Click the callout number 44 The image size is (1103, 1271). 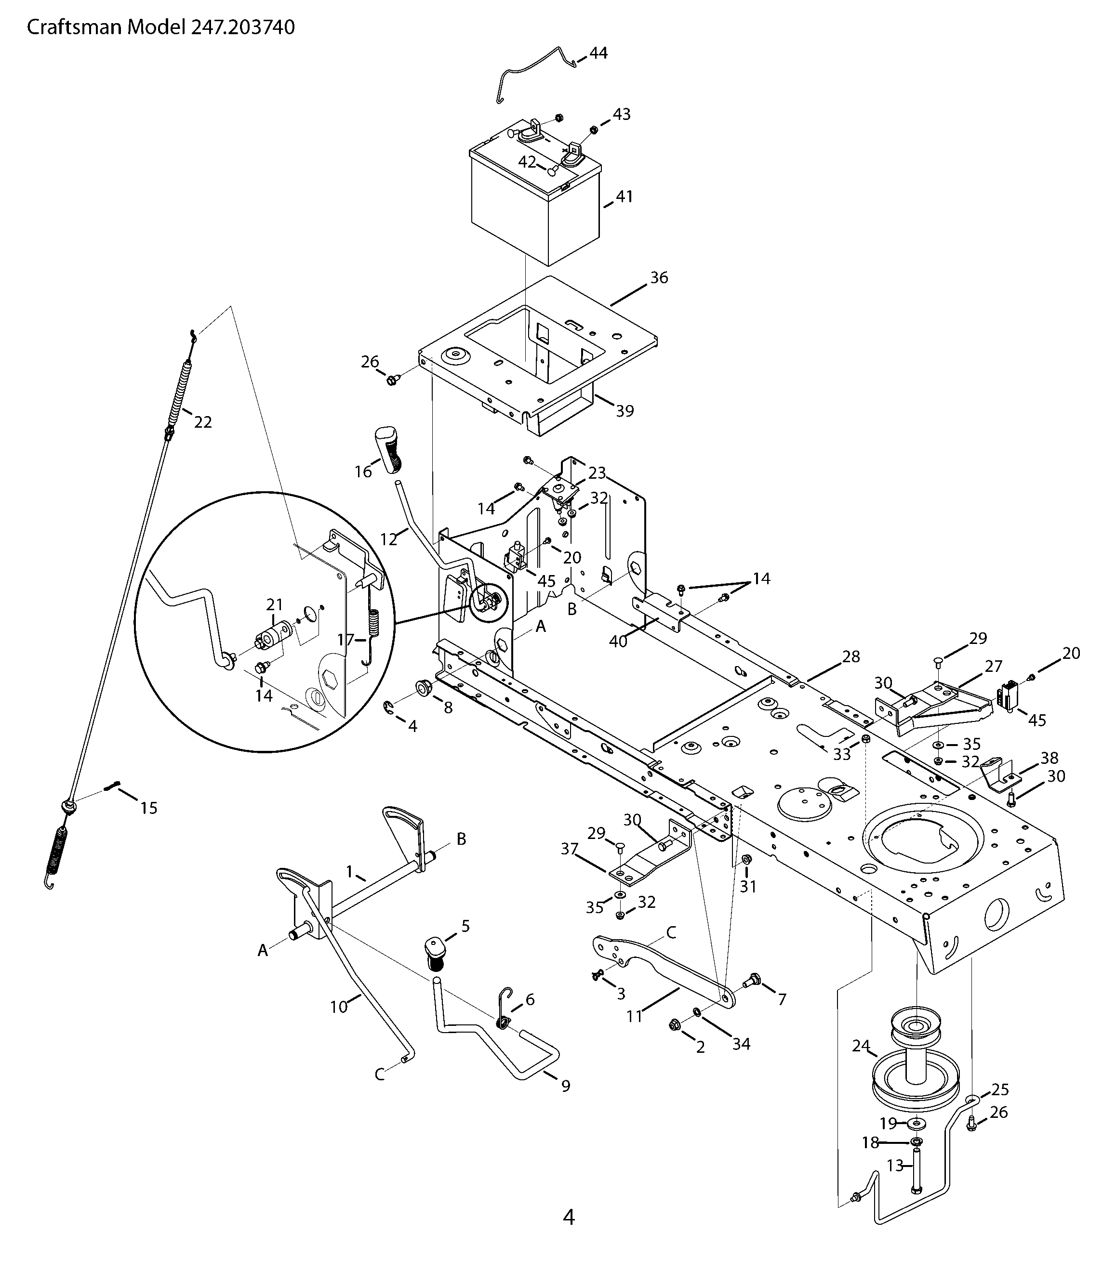tap(598, 53)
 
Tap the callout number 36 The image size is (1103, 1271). tap(659, 277)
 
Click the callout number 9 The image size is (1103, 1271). tap(566, 1086)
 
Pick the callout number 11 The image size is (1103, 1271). tap(634, 1016)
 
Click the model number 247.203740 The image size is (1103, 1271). tap(243, 27)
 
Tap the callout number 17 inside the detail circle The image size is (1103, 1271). tap(346, 640)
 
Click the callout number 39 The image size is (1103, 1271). tap(625, 410)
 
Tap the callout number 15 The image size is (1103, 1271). tap(149, 807)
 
